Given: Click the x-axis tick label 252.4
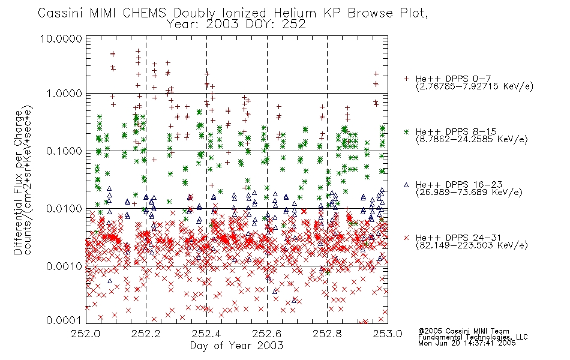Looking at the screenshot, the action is (206, 334).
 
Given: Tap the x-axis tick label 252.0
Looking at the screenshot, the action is (85, 334).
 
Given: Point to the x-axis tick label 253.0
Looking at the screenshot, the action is (388, 334).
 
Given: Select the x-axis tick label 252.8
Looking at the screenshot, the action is (327, 334).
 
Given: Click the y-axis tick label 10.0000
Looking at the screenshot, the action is (61, 38).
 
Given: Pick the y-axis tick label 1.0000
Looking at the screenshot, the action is (64, 94).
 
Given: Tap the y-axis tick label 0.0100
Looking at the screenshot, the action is (64, 209).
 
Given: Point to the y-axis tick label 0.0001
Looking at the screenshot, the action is (64, 320).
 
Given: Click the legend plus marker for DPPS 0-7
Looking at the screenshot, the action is (406, 79).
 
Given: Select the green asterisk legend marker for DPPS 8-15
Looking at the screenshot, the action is (406, 131).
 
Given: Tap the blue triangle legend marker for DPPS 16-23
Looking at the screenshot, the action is (406, 185).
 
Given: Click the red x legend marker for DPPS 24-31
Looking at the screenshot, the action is (406, 238).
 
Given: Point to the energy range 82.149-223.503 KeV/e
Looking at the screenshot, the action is (472, 245).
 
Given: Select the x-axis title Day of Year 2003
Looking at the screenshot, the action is (236, 346).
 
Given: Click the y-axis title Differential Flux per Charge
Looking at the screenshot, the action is (18, 182).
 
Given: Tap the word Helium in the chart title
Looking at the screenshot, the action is (295, 13).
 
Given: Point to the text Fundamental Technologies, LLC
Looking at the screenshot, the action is (473, 337).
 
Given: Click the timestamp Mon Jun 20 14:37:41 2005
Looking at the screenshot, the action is (467, 343).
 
